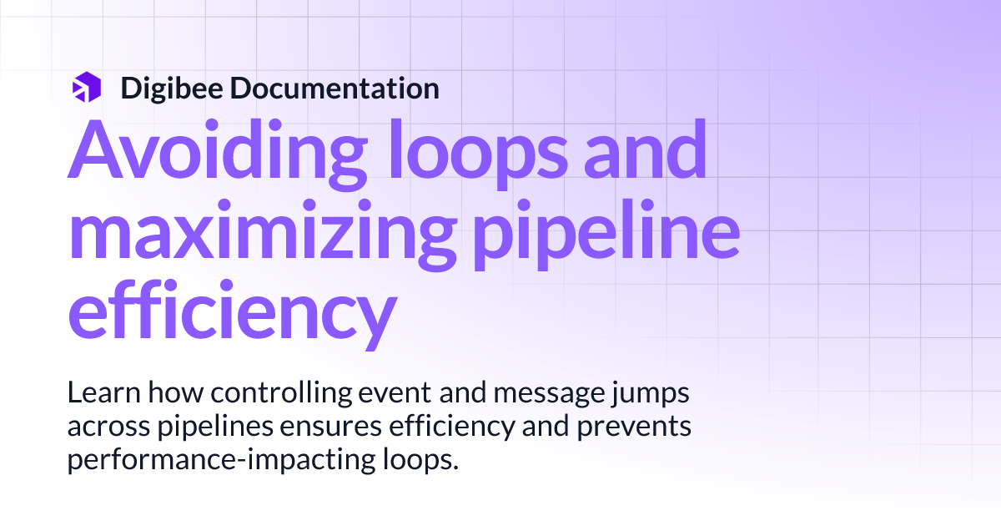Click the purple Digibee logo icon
point(86,87)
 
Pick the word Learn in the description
point(98,392)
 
